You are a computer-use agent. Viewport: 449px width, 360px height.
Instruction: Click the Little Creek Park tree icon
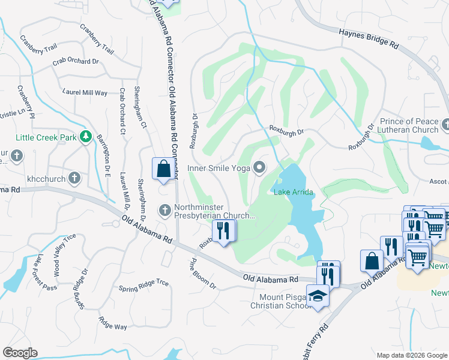tap(86, 137)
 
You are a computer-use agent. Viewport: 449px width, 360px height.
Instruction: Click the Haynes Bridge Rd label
tap(369, 38)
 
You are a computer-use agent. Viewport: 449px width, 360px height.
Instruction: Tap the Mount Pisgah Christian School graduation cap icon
tap(318, 295)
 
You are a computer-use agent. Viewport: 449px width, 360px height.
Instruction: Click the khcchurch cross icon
tap(74, 178)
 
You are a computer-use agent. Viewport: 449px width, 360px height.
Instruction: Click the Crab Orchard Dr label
tap(75, 61)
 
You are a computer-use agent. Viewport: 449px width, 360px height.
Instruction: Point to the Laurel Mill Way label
tap(85, 92)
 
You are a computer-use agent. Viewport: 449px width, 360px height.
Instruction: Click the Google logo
tap(20, 353)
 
